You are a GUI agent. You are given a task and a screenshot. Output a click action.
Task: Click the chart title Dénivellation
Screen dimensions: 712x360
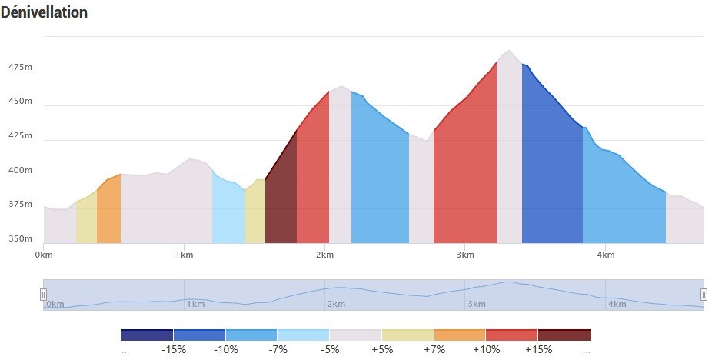[44, 12]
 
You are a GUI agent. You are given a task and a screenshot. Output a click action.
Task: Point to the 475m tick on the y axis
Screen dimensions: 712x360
[21, 67]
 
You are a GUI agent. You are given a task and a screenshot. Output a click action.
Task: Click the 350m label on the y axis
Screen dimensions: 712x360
[21, 238]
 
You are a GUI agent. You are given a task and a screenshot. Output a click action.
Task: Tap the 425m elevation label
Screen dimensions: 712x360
[21, 135]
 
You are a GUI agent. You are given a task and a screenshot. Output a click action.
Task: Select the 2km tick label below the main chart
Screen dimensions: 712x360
[324, 255]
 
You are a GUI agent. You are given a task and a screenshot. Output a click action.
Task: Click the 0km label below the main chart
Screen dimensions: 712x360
[44, 255]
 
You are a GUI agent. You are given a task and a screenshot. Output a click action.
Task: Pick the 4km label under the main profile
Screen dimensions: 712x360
[605, 255]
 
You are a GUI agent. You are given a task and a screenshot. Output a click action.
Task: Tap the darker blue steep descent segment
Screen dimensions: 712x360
[552, 173]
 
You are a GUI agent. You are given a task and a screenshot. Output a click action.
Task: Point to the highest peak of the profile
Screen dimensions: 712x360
[509, 51]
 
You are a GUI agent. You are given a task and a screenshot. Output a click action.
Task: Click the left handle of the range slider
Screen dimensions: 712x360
[44, 295]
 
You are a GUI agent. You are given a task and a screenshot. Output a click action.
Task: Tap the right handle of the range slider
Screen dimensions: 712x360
[704, 295]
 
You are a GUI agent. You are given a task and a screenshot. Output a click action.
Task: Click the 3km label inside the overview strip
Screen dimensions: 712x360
[476, 304]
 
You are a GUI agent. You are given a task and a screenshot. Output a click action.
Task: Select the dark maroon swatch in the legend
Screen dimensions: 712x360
[564, 335]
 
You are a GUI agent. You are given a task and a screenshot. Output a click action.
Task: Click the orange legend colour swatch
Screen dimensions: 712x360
[460, 335]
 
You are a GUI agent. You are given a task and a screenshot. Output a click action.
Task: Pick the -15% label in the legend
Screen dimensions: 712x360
[174, 349]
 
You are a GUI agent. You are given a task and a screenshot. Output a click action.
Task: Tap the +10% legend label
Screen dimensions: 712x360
[486, 349]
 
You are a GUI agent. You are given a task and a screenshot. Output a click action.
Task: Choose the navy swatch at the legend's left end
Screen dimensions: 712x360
[147, 335]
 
